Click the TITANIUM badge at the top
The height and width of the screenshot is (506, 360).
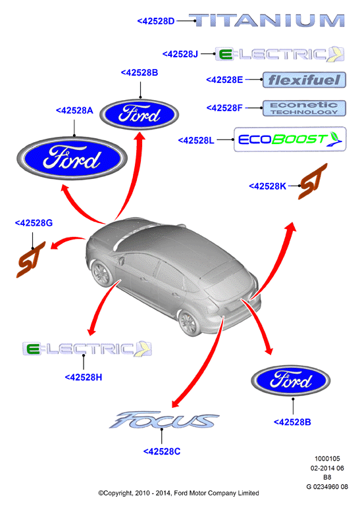[x=267, y=20]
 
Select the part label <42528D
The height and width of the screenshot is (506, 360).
[x=156, y=21]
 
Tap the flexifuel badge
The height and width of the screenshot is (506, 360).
[x=304, y=80]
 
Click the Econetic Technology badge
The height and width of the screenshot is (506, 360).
[x=304, y=108]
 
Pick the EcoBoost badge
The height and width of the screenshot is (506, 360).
[x=290, y=139]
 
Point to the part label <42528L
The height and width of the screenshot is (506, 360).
[x=196, y=140]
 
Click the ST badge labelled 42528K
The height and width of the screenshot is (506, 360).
[x=312, y=182]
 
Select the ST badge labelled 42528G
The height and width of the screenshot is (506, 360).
[x=31, y=259]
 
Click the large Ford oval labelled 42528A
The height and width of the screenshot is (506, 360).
[x=72, y=158]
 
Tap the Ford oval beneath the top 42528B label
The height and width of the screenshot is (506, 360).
[x=139, y=114]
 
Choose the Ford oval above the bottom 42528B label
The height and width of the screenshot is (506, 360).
[x=291, y=381]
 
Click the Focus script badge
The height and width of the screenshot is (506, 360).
[x=164, y=420]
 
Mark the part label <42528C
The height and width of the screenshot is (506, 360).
[x=162, y=451]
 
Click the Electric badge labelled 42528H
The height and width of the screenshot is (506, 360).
[x=87, y=349]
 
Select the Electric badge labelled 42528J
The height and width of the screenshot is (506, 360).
[x=280, y=54]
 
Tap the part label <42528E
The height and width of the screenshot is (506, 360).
[x=224, y=80]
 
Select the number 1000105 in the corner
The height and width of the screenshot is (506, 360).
[x=327, y=459]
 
